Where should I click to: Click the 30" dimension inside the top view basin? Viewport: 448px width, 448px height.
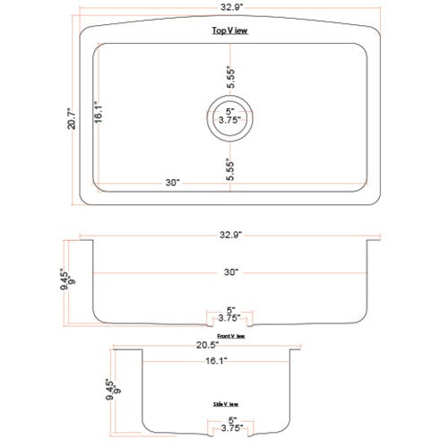174,182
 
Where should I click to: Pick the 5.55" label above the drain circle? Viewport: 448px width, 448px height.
230,76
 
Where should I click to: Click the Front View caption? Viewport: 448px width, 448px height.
230,336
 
